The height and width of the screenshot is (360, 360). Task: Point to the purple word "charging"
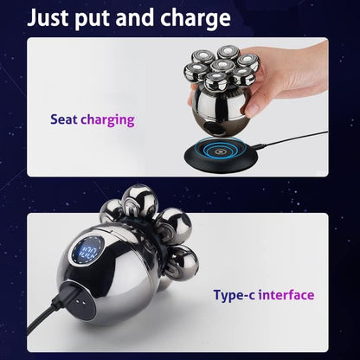[x=107, y=119]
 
